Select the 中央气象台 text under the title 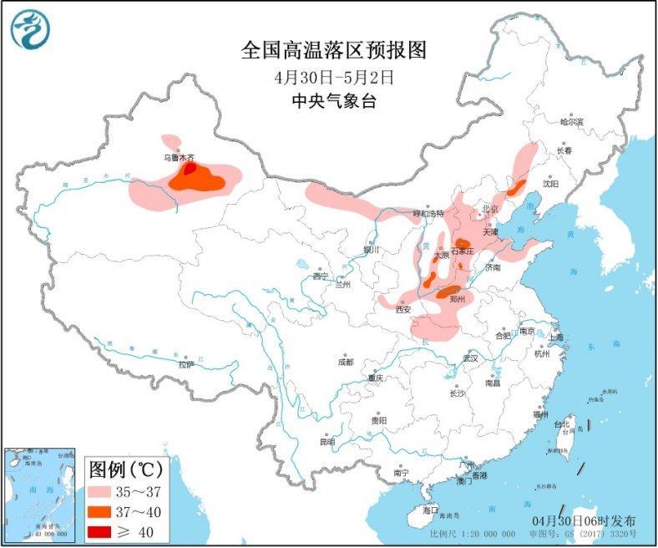pyautogui.click(x=333, y=102)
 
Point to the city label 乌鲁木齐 pyautogui.click(x=178, y=156)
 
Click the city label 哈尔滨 pyautogui.click(x=571, y=122)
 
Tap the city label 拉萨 pyautogui.click(x=185, y=364)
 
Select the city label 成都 pyautogui.click(x=345, y=362)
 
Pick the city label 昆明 pyautogui.click(x=326, y=441)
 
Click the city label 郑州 pyautogui.click(x=457, y=298)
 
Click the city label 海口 pyautogui.click(x=430, y=509)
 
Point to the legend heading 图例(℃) pyautogui.click(x=125, y=466)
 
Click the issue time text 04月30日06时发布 pyautogui.click(x=585, y=520)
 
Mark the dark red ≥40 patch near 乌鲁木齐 pyautogui.click(x=190, y=169)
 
